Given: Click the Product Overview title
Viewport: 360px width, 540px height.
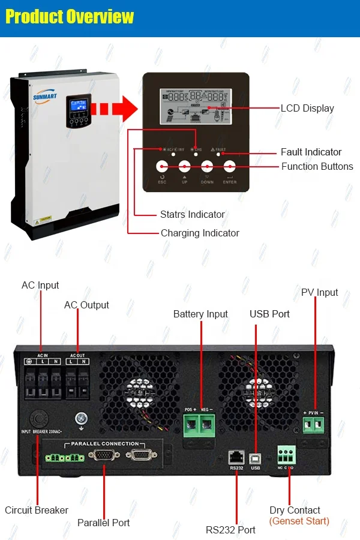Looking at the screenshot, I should pyautogui.click(x=70, y=17).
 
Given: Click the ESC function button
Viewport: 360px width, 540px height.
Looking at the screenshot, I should pyautogui.click(x=162, y=167).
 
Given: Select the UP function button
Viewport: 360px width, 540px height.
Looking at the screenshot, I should pyautogui.click(x=185, y=167).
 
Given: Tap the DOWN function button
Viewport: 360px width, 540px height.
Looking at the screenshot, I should pyautogui.click(x=207, y=167).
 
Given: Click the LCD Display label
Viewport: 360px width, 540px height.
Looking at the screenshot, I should pyautogui.click(x=307, y=109).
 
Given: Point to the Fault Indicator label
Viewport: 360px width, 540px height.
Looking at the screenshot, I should pyautogui.click(x=311, y=152).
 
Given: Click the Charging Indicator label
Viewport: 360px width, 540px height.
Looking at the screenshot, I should pyautogui.click(x=200, y=233).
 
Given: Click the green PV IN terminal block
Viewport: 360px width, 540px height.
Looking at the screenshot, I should pyautogui.click(x=313, y=425).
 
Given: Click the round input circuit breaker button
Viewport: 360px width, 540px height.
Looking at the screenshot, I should pyautogui.click(x=38, y=418).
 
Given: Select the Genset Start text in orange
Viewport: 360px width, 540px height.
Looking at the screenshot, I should pyautogui.click(x=299, y=521).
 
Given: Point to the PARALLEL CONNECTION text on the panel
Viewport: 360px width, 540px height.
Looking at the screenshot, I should pyautogui.click(x=104, y=443).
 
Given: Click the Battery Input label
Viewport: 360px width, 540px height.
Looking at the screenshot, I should pyautogui.click(x=200, y=314).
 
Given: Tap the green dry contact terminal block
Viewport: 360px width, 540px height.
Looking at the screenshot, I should pyautogui.click(x=286, y=454).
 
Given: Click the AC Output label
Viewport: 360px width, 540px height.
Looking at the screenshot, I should pyautogui.click(x=86, y=305).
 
